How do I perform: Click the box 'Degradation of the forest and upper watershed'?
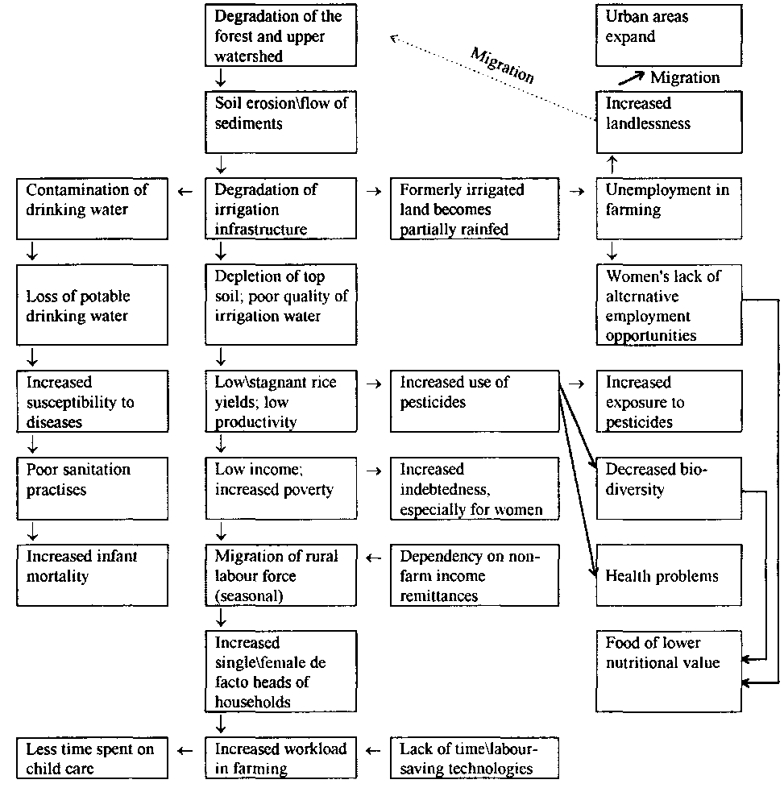click(x=280, y=36)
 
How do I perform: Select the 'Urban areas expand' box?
click(x=668, y=36)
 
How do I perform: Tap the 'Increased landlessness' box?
click(x=668, y=122)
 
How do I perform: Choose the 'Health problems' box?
click(x=668, y=575)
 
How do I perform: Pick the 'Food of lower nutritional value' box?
click(x=668, y=669)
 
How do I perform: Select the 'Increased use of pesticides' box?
click(x=474, y=400)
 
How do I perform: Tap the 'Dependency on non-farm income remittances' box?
click(x=474, y=575)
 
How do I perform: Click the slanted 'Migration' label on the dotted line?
click(x=503, y=64)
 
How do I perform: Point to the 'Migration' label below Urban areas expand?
click(x=685, y=77)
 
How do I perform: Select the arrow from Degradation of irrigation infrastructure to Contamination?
click(x=186, y=191)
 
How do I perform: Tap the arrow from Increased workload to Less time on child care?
click(x=186, y=750)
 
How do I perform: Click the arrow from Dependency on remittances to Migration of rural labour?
click(x=374, y=557)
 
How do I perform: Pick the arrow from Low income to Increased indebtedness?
click(x=374, y=470)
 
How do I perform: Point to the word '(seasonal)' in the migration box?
click(x=251, y=596)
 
